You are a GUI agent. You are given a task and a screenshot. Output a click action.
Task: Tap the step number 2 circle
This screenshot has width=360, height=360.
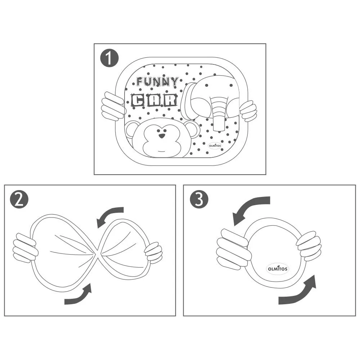coord(19,199)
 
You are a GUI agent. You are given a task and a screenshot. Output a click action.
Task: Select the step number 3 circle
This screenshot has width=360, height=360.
coord(199,199)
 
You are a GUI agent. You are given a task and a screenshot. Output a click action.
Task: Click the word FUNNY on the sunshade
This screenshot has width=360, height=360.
coord(157,81)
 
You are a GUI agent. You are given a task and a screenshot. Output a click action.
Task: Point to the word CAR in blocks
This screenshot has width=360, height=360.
coord(154,100)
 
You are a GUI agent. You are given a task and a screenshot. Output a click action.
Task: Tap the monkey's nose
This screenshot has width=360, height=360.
coord(162,136)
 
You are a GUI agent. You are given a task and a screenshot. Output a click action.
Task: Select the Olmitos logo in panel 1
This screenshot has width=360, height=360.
coord(215,145)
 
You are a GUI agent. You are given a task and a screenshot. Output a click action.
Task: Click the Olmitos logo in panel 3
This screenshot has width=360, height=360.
coord(278,269)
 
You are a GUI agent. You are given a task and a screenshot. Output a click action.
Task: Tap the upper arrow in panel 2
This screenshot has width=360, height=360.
coord(108,213)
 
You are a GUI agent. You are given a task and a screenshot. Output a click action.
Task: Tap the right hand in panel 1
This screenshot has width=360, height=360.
coord(248,111)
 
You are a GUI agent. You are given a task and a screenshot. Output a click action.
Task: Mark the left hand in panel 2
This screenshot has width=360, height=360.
coord(25,248)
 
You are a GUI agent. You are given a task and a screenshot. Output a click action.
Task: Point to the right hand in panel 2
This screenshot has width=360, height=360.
coord(154,252)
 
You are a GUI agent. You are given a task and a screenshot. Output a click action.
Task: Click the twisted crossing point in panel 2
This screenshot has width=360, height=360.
coord(98,254)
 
